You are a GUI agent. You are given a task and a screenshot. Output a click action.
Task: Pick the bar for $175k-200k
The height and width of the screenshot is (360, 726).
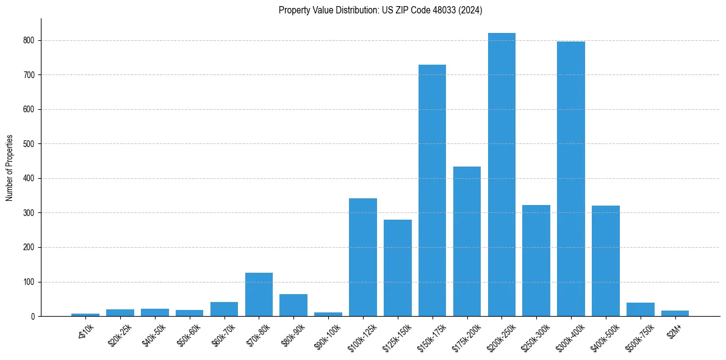[x=467, y=242]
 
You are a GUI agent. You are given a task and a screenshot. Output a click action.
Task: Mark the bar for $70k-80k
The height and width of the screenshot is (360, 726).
[x=259, y=295]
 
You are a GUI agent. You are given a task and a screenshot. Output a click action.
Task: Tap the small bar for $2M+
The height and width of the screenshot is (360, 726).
[x=675, y=314]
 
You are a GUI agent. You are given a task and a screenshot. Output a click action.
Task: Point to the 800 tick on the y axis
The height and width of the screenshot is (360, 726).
[x=29, y=40]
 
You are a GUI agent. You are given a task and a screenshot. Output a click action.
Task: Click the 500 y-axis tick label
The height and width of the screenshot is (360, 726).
[x=29, y=144]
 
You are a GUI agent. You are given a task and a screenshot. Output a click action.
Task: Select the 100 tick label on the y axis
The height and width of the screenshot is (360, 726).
[x=29, y=282]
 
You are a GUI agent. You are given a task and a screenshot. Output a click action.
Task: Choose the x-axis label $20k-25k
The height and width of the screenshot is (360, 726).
[x=119, y=333]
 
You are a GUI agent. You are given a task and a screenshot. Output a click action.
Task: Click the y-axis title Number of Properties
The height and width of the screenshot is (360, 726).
[x=9, y=168]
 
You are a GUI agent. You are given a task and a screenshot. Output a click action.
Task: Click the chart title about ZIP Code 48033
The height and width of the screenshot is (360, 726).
[x=381, y=10]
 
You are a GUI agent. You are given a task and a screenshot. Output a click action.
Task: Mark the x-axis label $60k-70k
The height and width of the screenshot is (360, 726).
[x=223, y=333]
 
